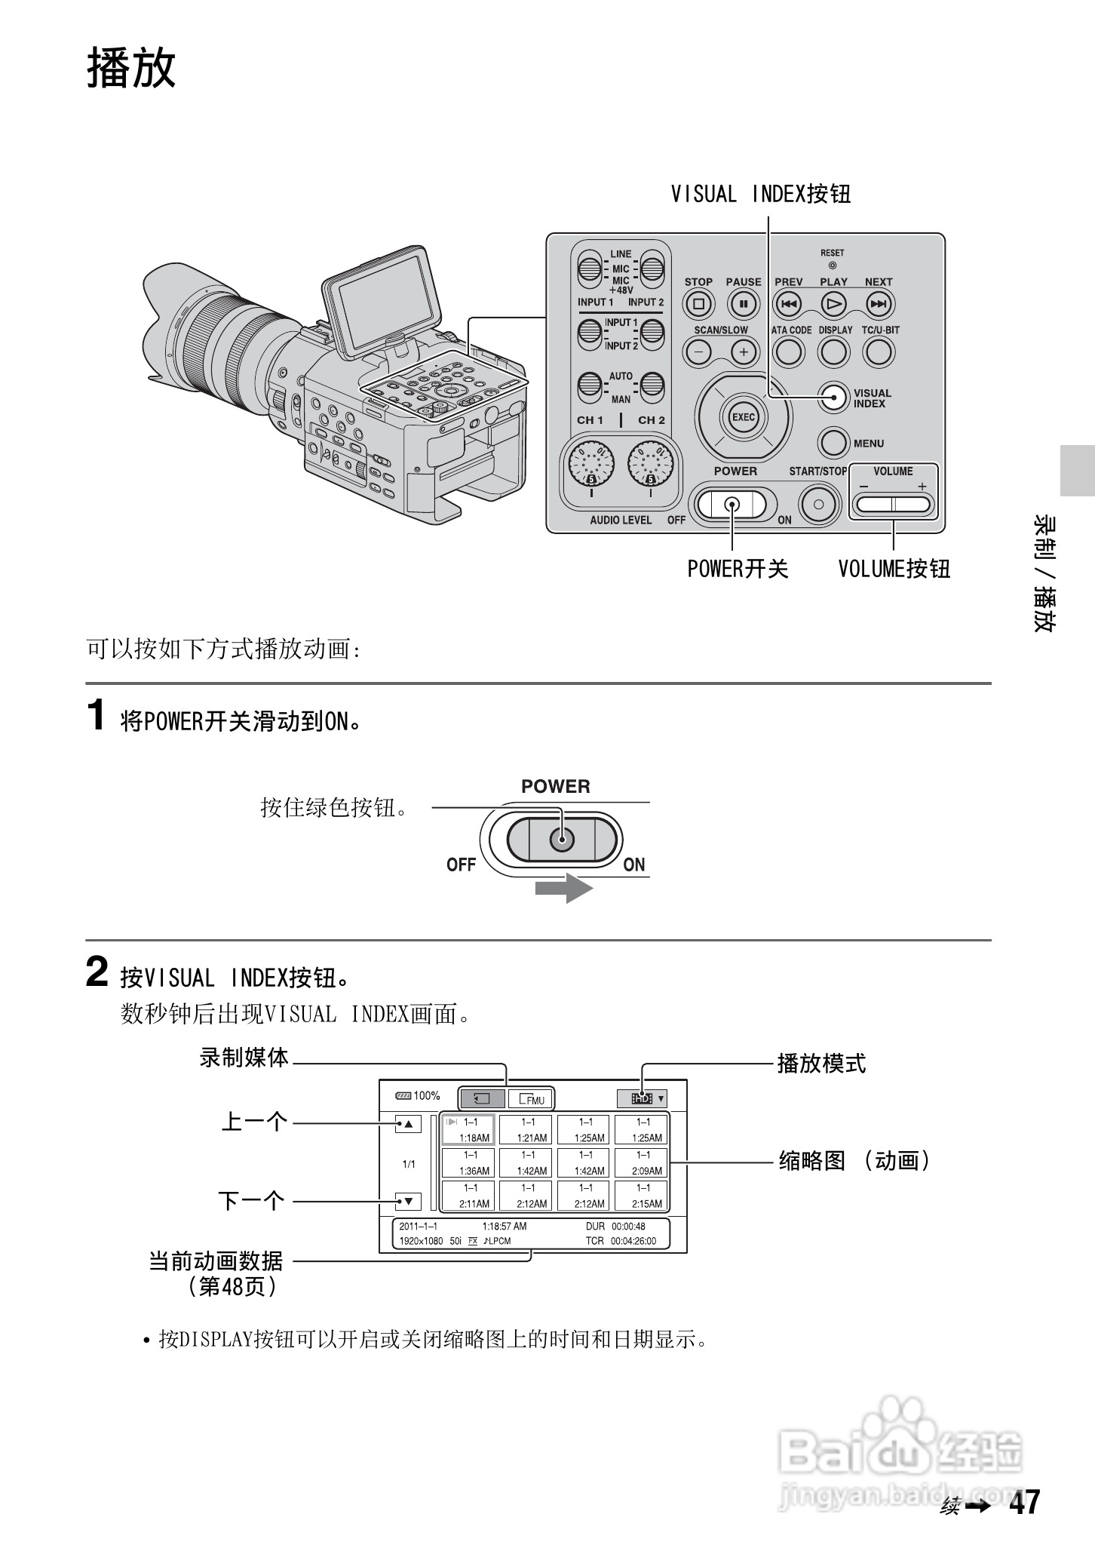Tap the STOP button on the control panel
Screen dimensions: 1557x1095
698,305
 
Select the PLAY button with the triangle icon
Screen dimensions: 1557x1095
833,305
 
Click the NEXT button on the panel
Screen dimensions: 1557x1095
879,305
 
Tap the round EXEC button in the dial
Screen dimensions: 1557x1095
743,417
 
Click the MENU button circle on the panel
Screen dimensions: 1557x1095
833,443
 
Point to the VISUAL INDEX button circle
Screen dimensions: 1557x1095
833,398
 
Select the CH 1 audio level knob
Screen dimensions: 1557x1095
592,464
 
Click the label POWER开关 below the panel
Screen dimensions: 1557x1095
737,568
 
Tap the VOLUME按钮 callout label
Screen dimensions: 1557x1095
894,568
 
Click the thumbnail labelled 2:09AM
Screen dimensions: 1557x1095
643,1163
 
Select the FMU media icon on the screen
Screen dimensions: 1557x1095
531,1098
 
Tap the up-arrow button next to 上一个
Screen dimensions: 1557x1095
407,1124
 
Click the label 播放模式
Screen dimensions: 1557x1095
821,1064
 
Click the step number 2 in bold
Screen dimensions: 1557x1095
97,972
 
